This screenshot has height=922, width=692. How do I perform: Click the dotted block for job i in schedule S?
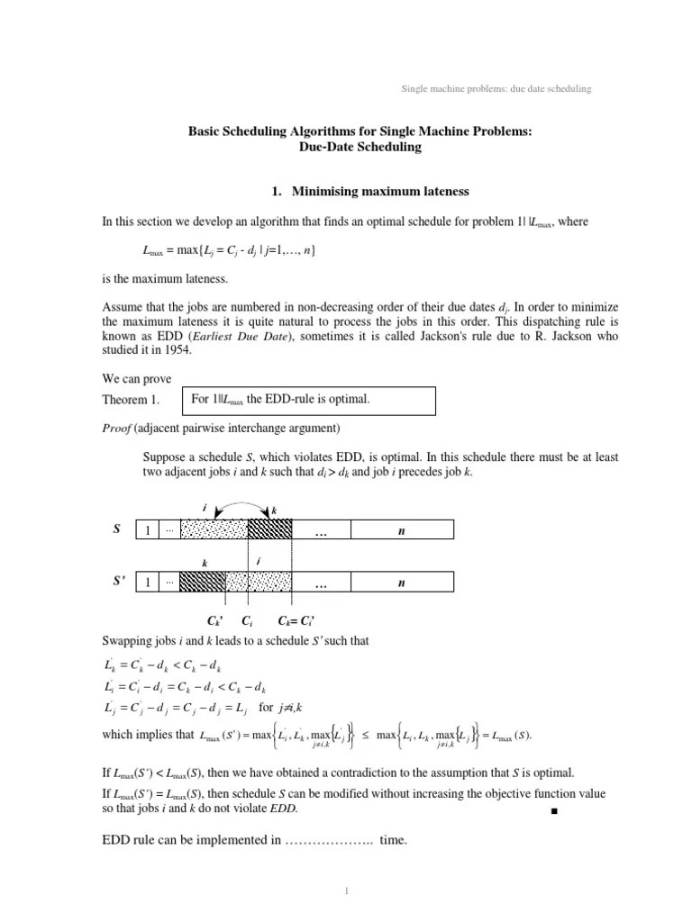coord(214,531)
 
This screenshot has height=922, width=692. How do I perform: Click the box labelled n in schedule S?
coord(401,531)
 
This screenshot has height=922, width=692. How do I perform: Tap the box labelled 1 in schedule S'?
coord(147,583)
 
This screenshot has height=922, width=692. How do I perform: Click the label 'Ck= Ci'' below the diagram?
coord(296,621)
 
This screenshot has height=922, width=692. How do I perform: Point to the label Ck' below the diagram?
coord(215,621)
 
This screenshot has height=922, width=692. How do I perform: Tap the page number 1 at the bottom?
coord(346,891)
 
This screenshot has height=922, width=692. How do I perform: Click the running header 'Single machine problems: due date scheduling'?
coord(496,88)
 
